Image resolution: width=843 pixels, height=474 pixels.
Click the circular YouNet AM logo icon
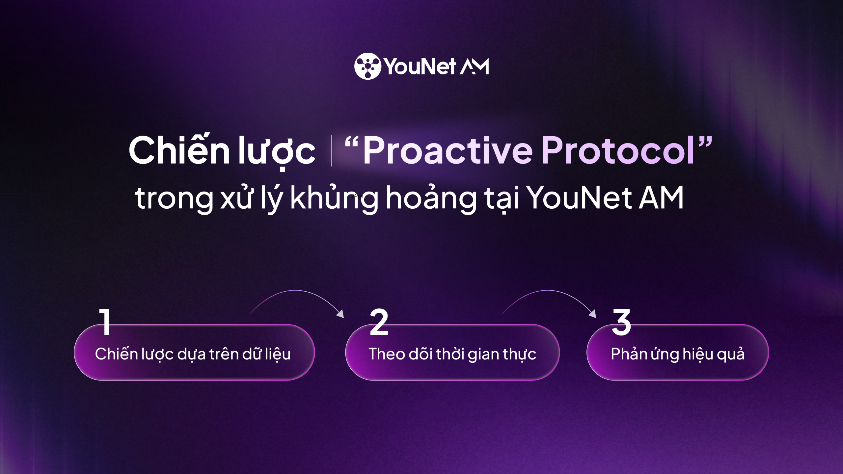pos(367,66)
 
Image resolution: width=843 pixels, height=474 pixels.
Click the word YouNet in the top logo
pos(420,66)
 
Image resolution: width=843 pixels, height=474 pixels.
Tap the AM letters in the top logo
pos(474,67)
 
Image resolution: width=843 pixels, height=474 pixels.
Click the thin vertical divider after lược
pos(331,151)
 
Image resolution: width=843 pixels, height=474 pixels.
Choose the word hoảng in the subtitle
pos(431,198)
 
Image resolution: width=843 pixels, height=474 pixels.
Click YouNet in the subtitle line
pos(579,198)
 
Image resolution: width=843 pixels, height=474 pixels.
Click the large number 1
pos(105,322)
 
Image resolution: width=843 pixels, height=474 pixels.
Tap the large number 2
pos(379,322)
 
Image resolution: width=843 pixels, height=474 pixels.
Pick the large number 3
pos(621,322)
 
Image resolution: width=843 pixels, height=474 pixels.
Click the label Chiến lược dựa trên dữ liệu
pos(193,354)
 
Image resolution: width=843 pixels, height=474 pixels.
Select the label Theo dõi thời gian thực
pos(452,354)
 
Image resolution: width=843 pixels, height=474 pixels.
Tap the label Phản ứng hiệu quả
pos(677,354)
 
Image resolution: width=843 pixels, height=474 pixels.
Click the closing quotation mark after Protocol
pos(705,140)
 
